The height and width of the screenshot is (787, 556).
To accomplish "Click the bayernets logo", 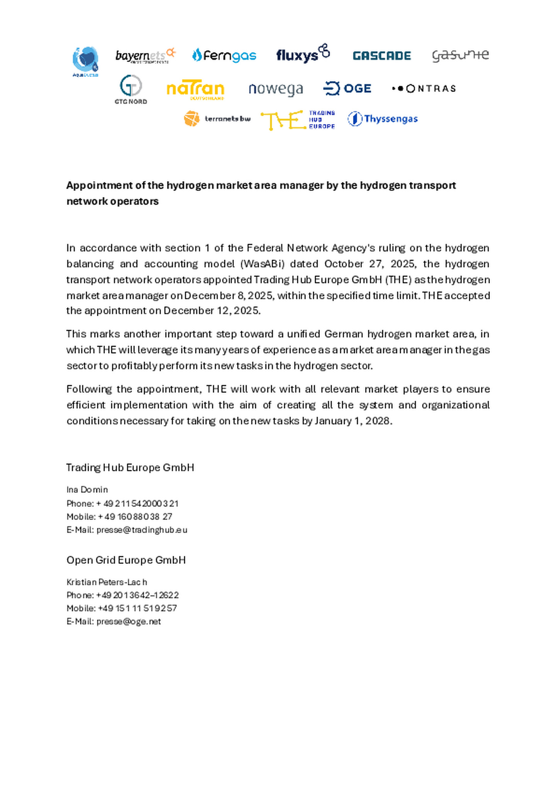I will (145, 56).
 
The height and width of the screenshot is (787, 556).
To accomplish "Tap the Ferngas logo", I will (224, 56).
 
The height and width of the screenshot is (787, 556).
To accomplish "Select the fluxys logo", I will (303, 54).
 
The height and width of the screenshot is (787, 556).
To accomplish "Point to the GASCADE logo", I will (381, 56).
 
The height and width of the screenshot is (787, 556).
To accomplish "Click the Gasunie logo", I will (460, 56).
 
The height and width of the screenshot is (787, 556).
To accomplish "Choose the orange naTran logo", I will (195, 90).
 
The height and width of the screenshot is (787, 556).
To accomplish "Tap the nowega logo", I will (276, 89).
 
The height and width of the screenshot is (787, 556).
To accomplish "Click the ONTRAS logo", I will (424, 89).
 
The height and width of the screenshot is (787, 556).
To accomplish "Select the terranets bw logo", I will (217, 119).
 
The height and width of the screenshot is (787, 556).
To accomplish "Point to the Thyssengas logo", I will (383, 119).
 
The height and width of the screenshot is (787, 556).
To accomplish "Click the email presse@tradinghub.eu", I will (142, 530).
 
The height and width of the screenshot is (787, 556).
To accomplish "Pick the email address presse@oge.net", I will (129, 621).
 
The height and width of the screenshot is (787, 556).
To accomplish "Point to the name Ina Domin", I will (87, 490).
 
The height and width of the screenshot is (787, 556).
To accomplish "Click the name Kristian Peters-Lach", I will (107, 582).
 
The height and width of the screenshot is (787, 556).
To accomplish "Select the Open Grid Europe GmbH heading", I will (126, 560).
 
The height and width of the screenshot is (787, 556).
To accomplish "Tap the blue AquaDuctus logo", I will (85, 61).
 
